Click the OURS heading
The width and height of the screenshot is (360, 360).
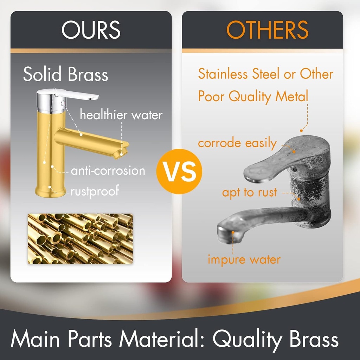91,30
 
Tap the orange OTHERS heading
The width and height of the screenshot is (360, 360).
267,30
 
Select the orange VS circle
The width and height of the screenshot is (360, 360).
179,171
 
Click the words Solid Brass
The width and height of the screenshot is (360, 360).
65,74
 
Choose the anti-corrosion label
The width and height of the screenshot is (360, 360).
108,171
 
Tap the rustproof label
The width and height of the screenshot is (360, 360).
95,191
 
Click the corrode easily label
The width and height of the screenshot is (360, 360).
237,143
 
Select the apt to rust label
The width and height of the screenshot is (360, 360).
250,192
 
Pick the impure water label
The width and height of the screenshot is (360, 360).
244,260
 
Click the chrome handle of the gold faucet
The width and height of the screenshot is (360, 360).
76,94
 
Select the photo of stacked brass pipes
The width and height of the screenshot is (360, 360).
81,239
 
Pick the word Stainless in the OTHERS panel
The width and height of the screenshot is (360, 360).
223,74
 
